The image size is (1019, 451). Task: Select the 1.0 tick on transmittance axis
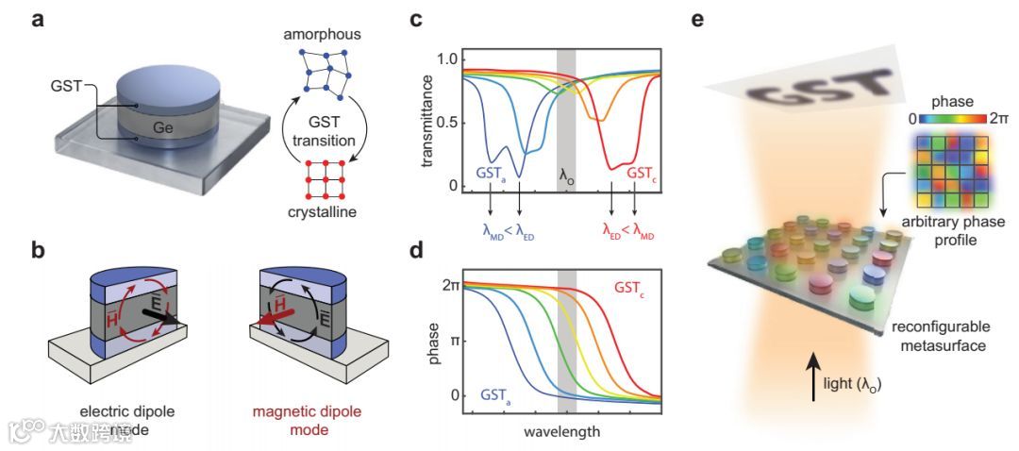click(x=444, y=58)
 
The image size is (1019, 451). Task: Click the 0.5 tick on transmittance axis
click(x=444, y=122)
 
